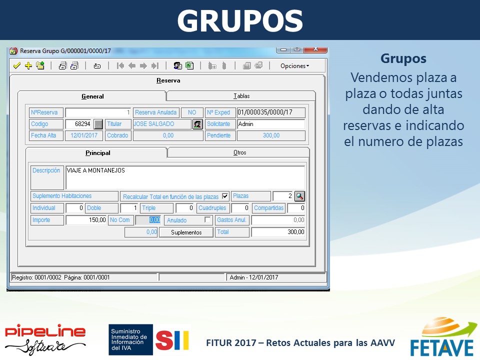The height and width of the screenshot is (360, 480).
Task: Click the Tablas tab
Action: coord(241,96)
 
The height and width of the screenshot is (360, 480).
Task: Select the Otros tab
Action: coord(239,152)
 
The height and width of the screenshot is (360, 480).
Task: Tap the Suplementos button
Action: coord(186,232)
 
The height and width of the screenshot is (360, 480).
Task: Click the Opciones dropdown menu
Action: coord(294,66)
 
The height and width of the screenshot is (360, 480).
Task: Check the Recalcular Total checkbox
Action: coord(225,196)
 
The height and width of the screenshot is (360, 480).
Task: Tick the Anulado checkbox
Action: coord(207,219)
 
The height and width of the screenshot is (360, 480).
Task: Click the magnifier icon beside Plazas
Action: coord(299,196)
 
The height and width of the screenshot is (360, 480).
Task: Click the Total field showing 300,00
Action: coord(278,232)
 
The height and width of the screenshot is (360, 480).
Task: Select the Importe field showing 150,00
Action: coord(86,220)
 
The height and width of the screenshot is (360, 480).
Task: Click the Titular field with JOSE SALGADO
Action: coord(162,124)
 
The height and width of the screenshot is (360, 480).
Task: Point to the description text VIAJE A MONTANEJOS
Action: coord(96,170)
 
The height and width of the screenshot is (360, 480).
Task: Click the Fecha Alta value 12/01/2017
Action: coord(84,135)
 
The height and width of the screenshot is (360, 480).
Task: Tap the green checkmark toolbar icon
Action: coord(17,65)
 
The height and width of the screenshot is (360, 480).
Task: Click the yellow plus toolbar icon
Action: coord(28,65)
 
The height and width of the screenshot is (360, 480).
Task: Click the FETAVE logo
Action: coord(443,337)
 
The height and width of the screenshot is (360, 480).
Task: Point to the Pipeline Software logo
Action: coord(45,339)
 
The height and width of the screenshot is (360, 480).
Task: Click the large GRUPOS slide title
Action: coord(240,20)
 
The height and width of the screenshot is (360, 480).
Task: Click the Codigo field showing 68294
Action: coord(78,124)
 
